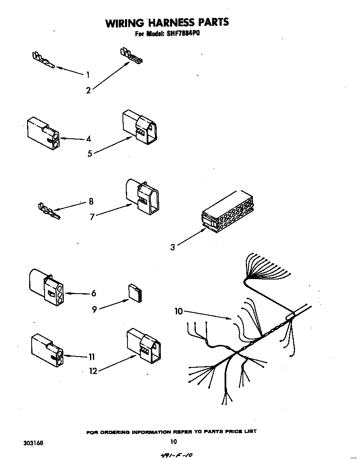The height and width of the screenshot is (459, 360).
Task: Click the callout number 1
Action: (x=88, y=75)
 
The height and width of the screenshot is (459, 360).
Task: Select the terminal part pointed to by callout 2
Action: (x=131, y=56)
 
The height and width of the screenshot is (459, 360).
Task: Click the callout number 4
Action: (x=88, y=139)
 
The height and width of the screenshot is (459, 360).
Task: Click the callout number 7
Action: (x=92, y=217)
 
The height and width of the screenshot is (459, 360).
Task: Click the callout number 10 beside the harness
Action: (x=179, y=311)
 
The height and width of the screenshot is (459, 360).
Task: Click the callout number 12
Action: (x=93, y=371)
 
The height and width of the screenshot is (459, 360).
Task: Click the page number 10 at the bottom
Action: (x=174, y=442)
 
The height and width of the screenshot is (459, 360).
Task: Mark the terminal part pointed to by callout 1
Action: (x=43, y=60)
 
